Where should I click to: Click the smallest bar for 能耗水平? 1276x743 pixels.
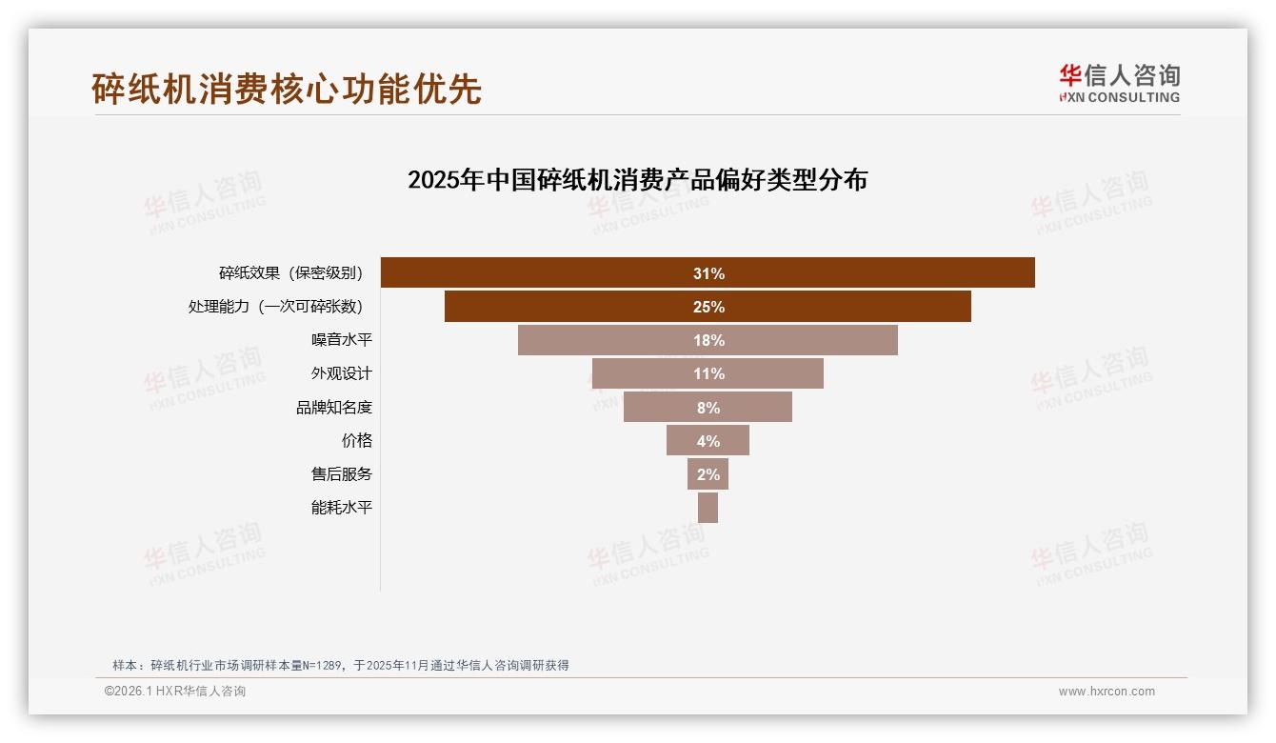pyautogui.click(x=708, y=508)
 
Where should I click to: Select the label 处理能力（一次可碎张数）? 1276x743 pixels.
pyautogui.click(x=277, y=307)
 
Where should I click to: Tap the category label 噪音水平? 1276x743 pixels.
pyautogui.click(x=341, y=340)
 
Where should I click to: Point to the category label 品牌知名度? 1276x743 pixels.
pyautogui.click(x=333, y=407)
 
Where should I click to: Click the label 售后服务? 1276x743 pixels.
pyautogui.click(x=341, y=473)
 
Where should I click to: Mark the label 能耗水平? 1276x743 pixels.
pyautogui.click(x=341, y=508)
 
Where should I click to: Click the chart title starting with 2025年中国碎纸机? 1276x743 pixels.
pyautogui.click(x=637, y=180)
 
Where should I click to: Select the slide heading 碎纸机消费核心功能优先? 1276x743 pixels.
pyautogui.click(x=287, y=89)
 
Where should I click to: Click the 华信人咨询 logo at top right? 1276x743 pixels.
pyautogui.click(x=1119, y=84)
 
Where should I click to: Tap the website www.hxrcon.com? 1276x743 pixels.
pyautogui.click(x=1107, y=692)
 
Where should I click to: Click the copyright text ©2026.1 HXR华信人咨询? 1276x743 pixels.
pyautogui.click(x=175, y=692)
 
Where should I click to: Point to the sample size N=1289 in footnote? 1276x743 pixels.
pyautogui.click(x=321, y=665)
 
